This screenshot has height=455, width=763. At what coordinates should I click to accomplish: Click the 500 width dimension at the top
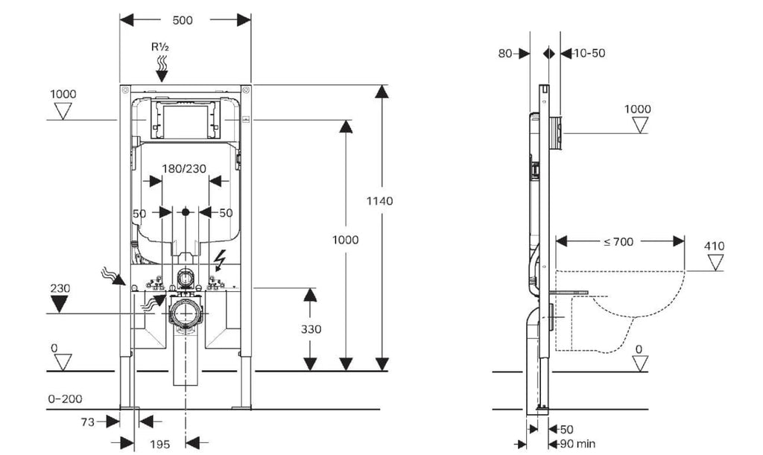coord(183,20)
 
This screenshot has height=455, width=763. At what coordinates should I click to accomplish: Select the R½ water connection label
coord(161,47)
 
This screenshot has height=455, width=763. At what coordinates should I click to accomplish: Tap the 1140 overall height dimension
coord(379,201)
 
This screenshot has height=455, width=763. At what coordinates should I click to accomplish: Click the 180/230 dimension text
coord(184,169)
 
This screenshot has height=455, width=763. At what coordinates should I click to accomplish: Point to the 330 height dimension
coord(311,329)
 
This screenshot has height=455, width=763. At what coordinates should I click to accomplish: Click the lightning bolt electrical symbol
coord(220,260)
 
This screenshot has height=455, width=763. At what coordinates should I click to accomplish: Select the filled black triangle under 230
coord(60,305)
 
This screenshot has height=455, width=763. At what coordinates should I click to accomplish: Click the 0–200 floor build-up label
coord(66,399)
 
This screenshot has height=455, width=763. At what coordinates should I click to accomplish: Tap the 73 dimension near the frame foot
coord(88,422)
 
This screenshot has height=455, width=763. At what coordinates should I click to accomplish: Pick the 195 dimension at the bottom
coord(160,444)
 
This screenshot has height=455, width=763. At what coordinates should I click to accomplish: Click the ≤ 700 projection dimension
coord(618,241)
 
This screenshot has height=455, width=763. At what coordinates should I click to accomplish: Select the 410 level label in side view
coord(715,246)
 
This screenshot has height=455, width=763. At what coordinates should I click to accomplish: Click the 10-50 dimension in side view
coord(589,53)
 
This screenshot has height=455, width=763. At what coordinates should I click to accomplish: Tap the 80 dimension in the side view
coord(505,53)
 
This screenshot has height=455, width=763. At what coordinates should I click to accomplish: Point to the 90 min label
coord(577,444)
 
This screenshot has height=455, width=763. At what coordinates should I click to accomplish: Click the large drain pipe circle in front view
coord(185,314)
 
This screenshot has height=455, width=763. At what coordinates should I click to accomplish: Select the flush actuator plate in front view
coord(185,120)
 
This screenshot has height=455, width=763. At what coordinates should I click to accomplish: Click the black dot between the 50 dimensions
coord(186,212)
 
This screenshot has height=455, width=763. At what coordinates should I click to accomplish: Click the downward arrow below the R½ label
coord(161,76)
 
